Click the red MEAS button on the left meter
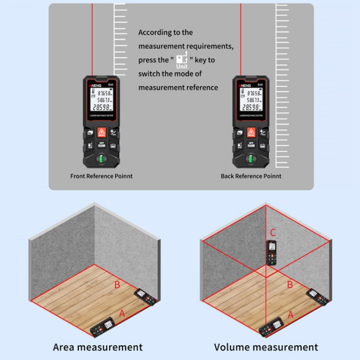point(101,132)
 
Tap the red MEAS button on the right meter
point(251,132)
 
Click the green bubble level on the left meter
point(101,159)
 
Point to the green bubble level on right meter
point(251,159)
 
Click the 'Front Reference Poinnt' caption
point(101,176)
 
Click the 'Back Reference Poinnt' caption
point(251,176)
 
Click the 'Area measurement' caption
point(97,347)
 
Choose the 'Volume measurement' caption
point(266,347)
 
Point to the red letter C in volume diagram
point(273,233)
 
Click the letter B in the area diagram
point(117,285)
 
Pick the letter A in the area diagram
point(122,313)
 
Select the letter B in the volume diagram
point(289,285)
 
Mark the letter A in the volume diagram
point(290,314)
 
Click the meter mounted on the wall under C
point(272,252)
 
